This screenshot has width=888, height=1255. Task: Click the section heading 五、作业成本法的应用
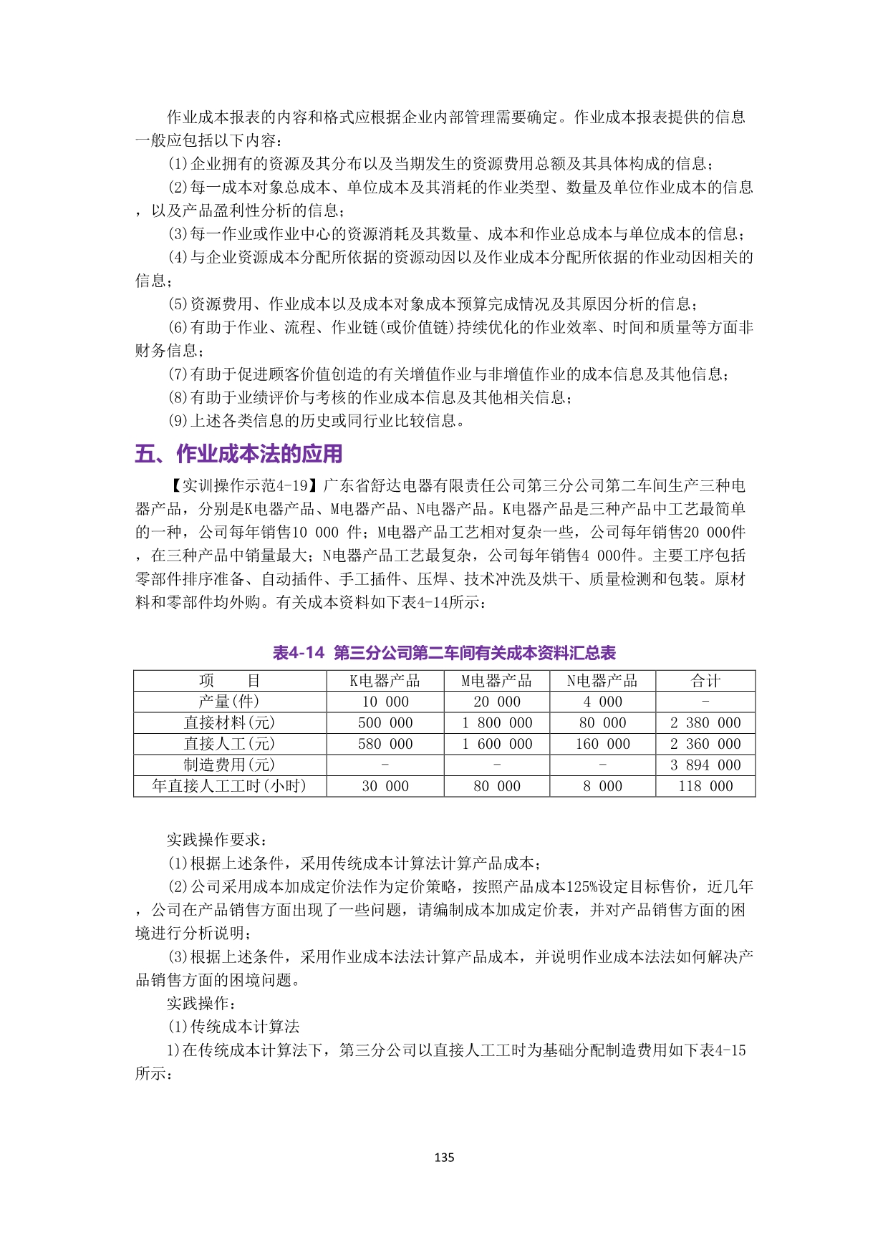(x=238, y=454)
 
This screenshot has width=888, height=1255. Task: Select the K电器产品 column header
(x=385, y=681)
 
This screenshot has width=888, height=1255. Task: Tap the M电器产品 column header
(x=496, y=681)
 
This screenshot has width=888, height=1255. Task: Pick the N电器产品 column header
(x=602, y=681)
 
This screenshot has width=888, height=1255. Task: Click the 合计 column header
(x=705, y=681)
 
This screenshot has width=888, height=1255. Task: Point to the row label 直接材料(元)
(x=229, y=723)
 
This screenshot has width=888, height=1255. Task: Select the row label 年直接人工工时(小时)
(x=229, y=786)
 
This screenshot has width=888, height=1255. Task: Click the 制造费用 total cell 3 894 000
(x=705, y=765)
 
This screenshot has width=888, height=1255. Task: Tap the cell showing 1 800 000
(x=497, y=723)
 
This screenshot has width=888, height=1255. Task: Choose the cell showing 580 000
(x=385, y=744)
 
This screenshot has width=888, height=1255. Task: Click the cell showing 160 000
(x=603, y=744)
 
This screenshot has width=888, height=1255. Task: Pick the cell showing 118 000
(x=705, y=786)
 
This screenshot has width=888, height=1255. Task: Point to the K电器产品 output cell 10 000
(x=385, y=702)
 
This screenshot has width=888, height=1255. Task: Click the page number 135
(x=444, y=1158)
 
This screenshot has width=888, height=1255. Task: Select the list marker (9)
(x=178, y=421)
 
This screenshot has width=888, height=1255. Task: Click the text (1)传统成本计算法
(x=233, y=1027)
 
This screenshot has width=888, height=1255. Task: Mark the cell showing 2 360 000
(x=705, y=744)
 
